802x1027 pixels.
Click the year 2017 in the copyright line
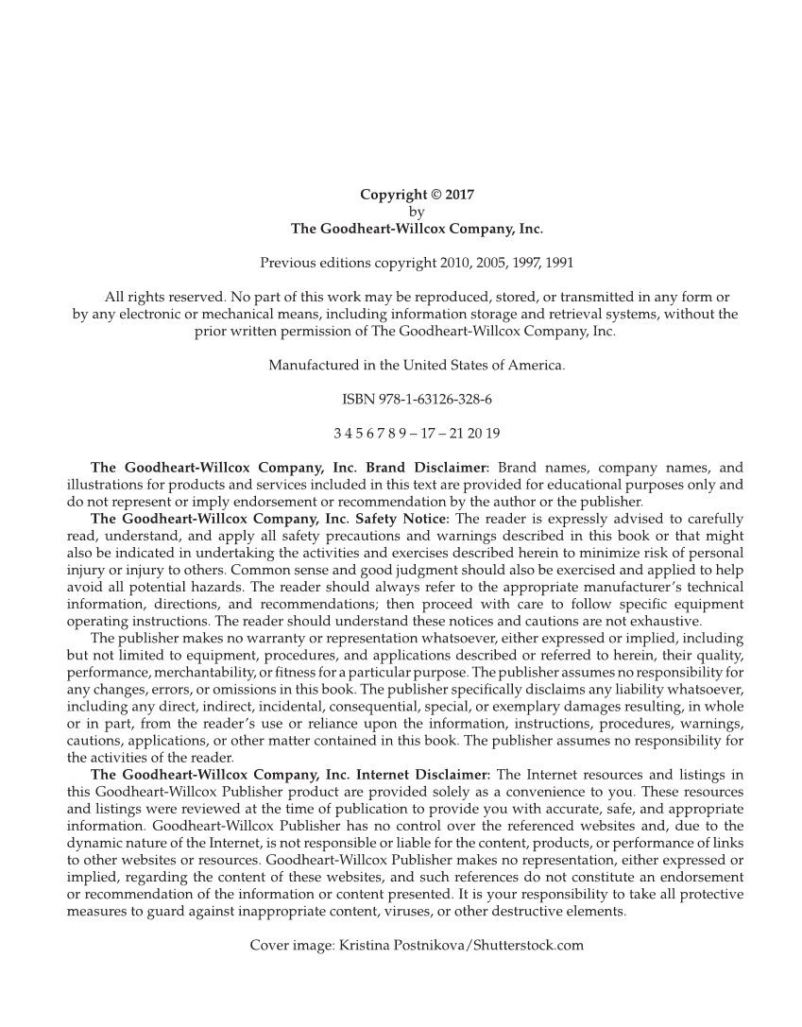[458, 196]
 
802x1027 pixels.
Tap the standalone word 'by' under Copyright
[417, 212]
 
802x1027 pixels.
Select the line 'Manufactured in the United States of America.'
[417, 365]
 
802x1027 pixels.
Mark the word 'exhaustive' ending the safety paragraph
[666, 621]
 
